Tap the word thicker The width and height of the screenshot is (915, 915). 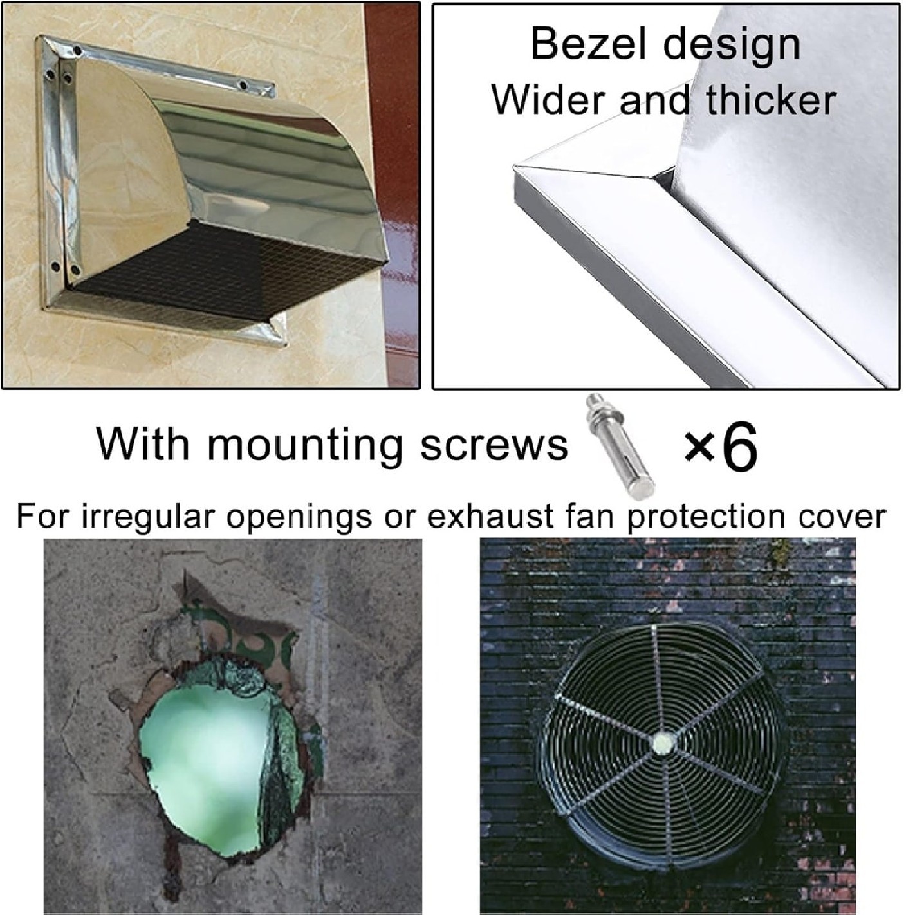(x=770, y=100)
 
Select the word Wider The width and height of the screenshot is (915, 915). (x=550, y=100)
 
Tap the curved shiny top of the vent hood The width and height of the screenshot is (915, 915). (x=266, y=157)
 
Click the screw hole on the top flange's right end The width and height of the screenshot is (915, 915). (x=244, y=86)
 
